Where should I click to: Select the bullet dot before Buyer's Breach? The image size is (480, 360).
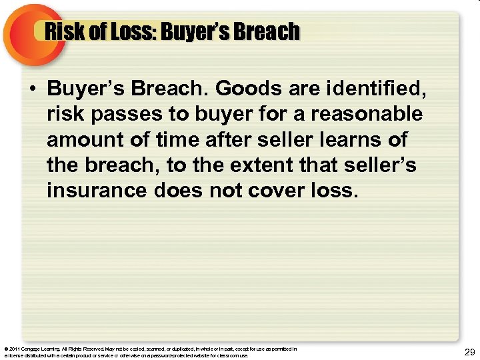click(x=33, y=89)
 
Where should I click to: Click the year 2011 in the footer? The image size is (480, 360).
click(x=15, y=349)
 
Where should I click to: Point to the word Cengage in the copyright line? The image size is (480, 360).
click(x=31, y=349)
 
